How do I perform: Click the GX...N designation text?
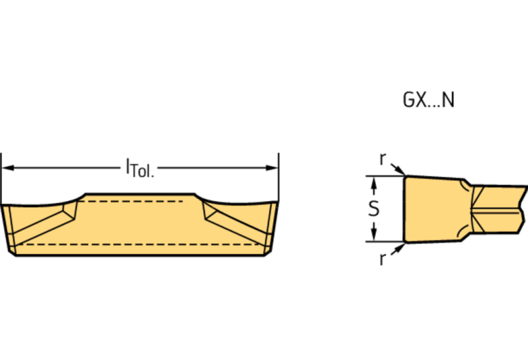click(428, 100)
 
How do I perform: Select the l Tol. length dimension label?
click(140, 167)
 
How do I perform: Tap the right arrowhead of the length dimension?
click(273, 167)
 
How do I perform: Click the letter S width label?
click(373, 209)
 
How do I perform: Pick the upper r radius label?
click(383, 158)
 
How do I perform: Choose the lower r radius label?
click(383, 259)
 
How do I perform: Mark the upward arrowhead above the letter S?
click(373, 182)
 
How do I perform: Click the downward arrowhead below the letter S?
click(373, 236)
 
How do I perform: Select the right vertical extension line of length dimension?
click(278, 179)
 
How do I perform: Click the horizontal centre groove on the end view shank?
click(496, 208)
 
